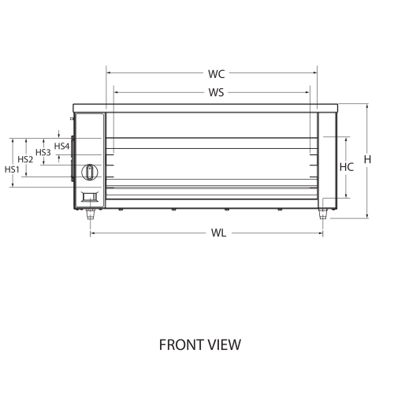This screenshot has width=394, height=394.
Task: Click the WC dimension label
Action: click(x=217, y=74)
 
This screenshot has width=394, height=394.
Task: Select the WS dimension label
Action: click(x=217, y=92)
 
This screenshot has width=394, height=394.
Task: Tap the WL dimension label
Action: click(x=218, y=233)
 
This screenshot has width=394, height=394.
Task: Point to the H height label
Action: click(x=367, y=159)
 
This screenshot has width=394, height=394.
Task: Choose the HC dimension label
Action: click(x=347, y=167)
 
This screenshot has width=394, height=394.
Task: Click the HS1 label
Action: click(x=12, y=169)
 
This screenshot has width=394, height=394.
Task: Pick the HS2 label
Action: click(x=25, y=159)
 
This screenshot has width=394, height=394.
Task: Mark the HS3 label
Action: click(x=43, y=152)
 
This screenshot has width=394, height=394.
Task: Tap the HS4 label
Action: click(x=62, y=146)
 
